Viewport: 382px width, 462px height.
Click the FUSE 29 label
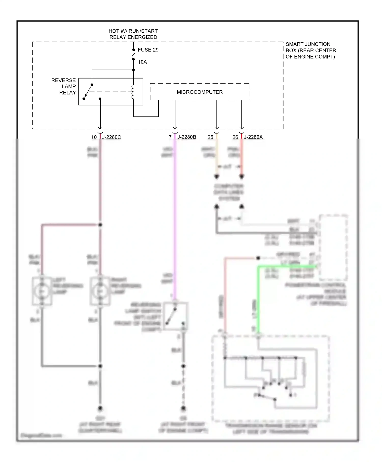pos(148,50)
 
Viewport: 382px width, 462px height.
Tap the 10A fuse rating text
pos(142,62)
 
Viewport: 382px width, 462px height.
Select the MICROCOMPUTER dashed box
pos(200,92)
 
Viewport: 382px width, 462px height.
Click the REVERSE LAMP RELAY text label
pos(64,86)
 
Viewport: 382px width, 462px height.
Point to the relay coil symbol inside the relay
pos(132,92)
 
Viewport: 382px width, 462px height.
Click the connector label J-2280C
pos(112,137)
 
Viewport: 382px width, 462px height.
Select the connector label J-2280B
pos(187,137)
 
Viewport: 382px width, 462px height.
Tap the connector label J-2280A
pos(253,137)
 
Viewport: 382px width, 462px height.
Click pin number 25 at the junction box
pos(210,137)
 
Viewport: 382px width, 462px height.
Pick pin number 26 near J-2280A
pos(235,137)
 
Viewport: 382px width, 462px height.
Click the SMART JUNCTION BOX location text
pos(310,50)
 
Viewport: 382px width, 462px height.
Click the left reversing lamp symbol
pos(42,291)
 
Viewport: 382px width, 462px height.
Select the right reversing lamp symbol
pos(100,291)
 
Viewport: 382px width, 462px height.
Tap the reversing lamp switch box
pos(175,316)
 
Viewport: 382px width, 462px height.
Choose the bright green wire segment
pos(258,301)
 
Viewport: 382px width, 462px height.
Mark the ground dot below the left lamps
pos(100,408)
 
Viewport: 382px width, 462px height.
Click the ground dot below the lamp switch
pos(183,408)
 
